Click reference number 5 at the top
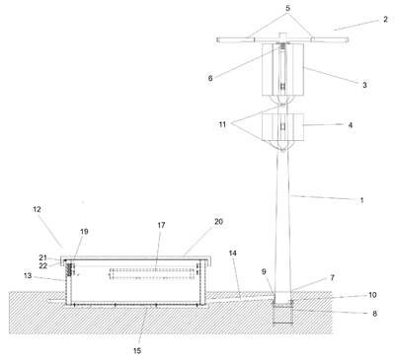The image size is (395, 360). click(x=288, y=8)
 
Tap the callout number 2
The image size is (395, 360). click(x=385, y=19)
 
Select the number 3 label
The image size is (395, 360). click(x=364, y=85)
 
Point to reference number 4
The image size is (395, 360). click(x=351, y=125)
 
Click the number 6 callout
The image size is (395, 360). click(x=210, y=78)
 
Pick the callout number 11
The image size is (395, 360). click(x=222, y=124)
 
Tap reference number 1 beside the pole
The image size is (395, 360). click(x=361, y=200)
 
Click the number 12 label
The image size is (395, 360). click(x=37, y=209)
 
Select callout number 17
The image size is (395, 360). click(x=161, y=225)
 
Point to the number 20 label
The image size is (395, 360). click(x=219, y=222)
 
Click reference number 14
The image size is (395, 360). click(x=233, y=253)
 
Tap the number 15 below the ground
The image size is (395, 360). click(x=137, y=351)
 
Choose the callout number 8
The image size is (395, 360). click(x=374, y=314)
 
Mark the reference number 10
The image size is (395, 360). click(x=372, y=295)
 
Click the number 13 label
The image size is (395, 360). click(x=28, y=275)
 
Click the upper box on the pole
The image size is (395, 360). click(x=282, y=69)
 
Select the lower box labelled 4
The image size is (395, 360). click(x=282, y=127)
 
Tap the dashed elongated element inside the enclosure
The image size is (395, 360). click(x=151, y=274)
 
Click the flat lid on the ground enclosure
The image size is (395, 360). click(x=135, y=258)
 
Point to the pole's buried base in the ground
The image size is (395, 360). click(x=282, y=313)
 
